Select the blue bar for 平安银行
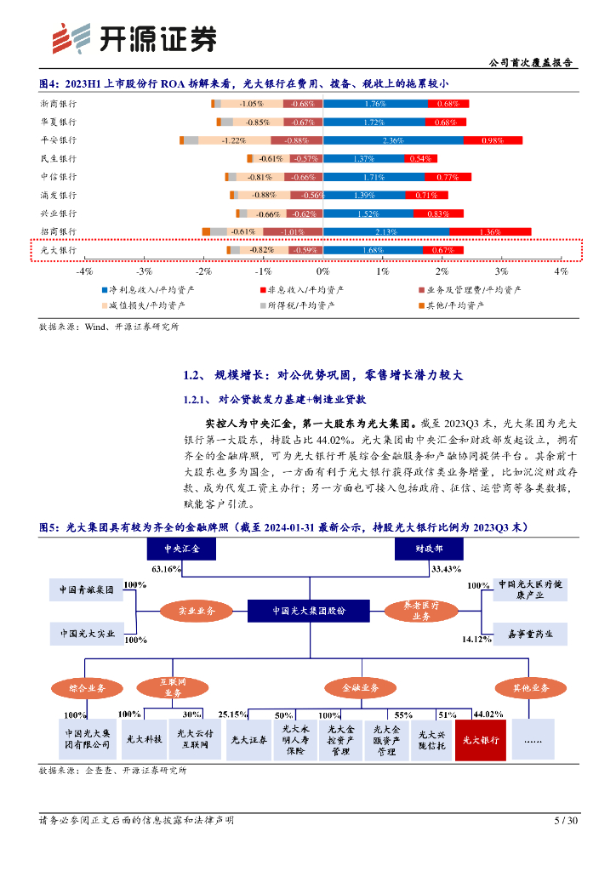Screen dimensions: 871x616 (x=393, y=140)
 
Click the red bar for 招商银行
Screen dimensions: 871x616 (x=490, y=231)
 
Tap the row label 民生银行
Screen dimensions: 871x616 (x=59, y=159)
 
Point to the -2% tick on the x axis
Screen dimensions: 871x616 (x=203, y=270)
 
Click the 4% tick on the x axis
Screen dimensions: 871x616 (x=561, y=270)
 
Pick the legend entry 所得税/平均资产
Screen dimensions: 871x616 (x=301, y=305)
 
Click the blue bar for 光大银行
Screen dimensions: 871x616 (x=374, y=250)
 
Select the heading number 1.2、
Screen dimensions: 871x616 (x=193, y=375)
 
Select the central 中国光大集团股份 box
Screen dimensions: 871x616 (x=309, y=611)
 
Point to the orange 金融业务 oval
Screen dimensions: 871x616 (x=355, y=686)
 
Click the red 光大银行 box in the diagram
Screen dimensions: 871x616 (x=481, y=740)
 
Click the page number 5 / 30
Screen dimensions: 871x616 (x=566, y=821)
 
